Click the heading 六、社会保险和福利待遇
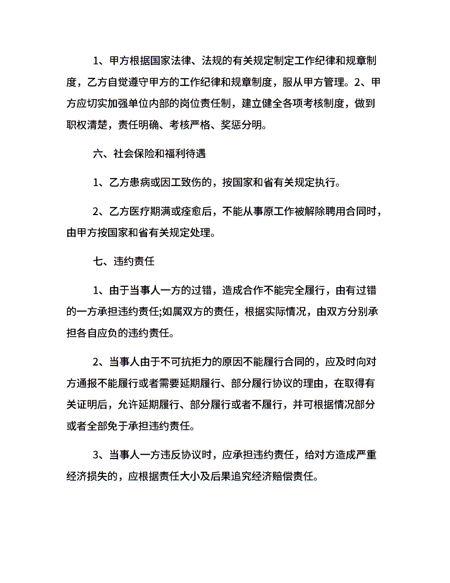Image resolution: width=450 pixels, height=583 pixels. (149, 154)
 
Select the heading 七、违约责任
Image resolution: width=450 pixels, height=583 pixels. (124, 261)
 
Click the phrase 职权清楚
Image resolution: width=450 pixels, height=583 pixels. (87, 125)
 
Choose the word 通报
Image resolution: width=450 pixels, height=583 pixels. (87, 383)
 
